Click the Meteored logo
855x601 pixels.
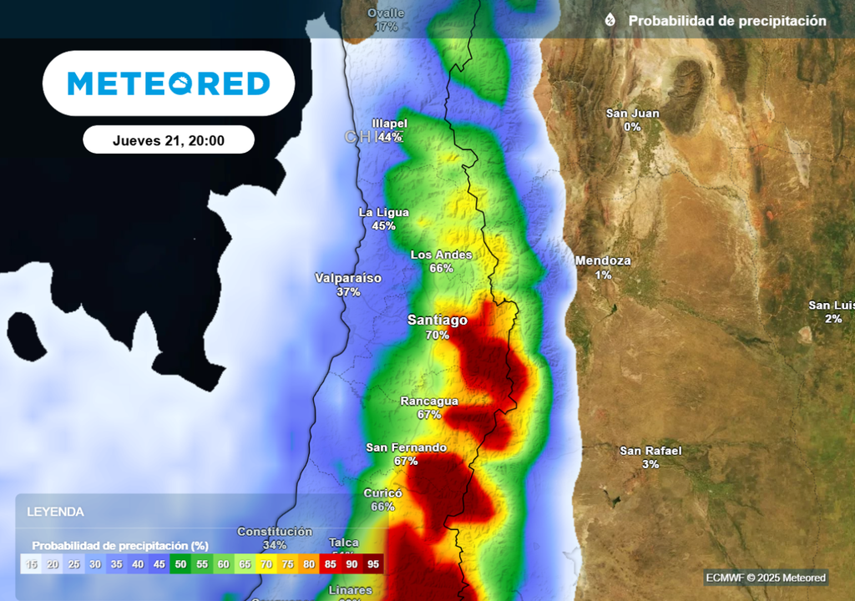(x=169, y=83)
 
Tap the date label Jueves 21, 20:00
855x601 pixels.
(x=169, y=140)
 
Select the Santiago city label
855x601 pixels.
(x=438, y=321)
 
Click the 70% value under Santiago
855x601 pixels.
(x=438, y=336)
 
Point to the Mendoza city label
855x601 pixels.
(x=603, y=260)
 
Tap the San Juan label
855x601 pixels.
(x=632, y=114)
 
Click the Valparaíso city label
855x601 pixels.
(x=348, y=278)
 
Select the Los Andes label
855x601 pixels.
(x=441, y=255)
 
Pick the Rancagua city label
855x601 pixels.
(x=429, y=401)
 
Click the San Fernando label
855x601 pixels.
(x=406, y=447)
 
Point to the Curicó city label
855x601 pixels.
(x=382, y=493)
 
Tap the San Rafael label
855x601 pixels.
(x=650, y=451)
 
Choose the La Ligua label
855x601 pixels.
(x=383, y=212)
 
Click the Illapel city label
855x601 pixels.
(x=389, y=124)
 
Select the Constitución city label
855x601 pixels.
(x=275, y=532)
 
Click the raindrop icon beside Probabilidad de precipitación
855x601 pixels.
(x=610, y=20)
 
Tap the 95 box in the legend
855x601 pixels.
(x=373, y=564)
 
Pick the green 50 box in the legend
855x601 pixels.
(x=180, y=564)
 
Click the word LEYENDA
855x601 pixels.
(x=55, y=512)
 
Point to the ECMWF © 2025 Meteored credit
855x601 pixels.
(x=766, y=578)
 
